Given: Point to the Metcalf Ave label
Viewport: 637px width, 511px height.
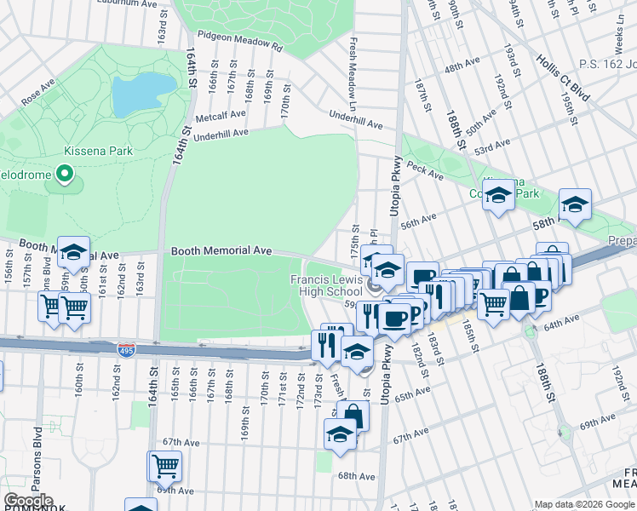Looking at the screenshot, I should pos(221,115).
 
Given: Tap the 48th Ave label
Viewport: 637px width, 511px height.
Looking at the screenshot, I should pos(463,66).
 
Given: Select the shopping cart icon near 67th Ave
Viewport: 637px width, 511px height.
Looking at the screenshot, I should pos(165,465).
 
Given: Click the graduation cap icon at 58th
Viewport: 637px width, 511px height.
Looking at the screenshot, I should pos(575,204).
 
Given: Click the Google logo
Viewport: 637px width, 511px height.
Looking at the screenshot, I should pos(28,502).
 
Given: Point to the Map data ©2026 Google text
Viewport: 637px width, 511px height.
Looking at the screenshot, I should pos(584,504).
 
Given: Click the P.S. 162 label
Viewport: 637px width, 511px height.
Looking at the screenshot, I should pos(607,62).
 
